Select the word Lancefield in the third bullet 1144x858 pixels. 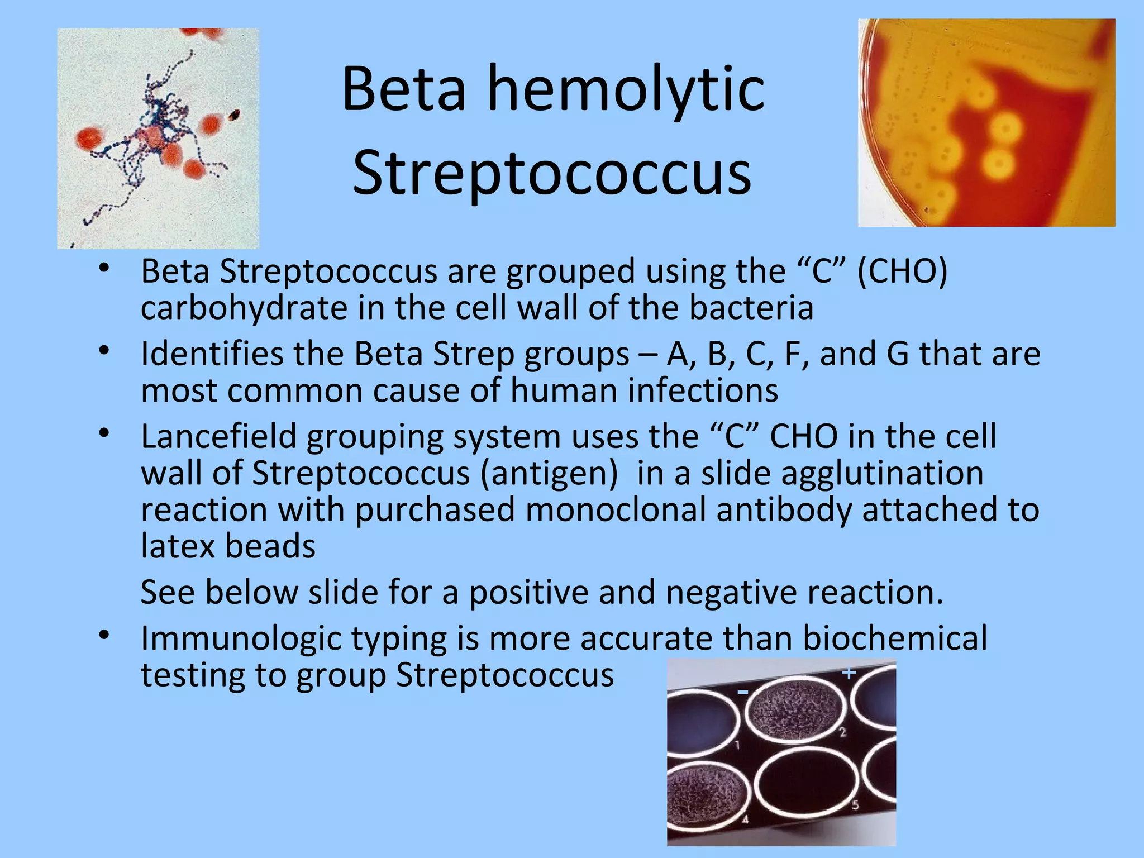tap(218, 436)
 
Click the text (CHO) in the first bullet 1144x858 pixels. tap(902, 272)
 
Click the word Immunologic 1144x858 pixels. tap(241, 638)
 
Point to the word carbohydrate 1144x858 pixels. tap(244, 308)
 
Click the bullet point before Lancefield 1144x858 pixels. tap(104, 433)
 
